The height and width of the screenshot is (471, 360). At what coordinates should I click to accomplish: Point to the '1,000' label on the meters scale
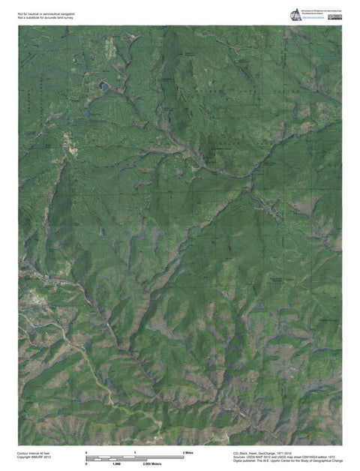pos(117,466)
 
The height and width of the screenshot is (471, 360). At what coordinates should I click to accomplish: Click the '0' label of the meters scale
pos(87,466)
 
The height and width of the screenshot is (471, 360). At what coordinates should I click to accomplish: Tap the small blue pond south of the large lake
pos(88,113)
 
